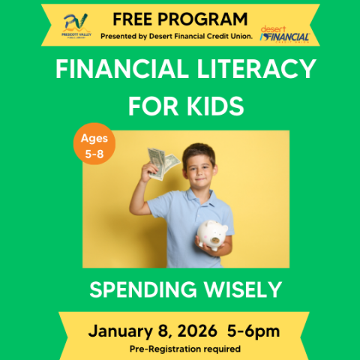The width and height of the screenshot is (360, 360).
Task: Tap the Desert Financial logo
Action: (x=284, y=34)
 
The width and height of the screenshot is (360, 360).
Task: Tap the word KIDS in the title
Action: (x=218, y=106)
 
